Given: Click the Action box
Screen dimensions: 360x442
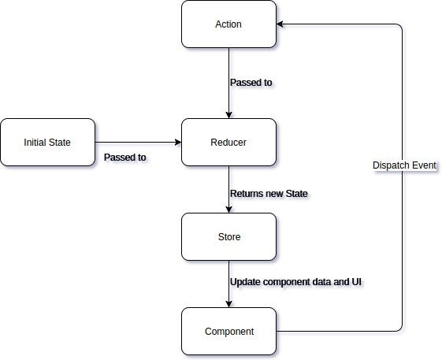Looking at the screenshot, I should [x=228, y=24].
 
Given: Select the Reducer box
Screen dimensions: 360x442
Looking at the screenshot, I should [x=228, y=143].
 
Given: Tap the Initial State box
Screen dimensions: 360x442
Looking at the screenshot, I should [x=47, y=143].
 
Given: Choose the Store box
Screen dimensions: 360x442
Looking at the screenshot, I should [x=228, y=236].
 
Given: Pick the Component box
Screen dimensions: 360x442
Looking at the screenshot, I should [x=228, y=331].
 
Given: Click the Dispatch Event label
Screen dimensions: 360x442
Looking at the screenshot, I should [x=404, y=166].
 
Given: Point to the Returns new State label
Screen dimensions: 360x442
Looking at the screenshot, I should [x=269, y=193].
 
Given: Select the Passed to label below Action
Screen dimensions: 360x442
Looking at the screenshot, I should [x=251, y=82].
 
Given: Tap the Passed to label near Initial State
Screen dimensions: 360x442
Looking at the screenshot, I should [x=124, y=157].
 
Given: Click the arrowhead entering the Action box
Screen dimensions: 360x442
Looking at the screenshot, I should [x=281, y=24].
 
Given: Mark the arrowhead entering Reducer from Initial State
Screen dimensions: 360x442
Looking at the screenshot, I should [x=177, y=143].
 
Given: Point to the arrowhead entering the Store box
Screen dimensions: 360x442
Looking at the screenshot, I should [x=228, y=209].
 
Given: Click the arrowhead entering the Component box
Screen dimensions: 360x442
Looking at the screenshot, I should [x=228, y=303].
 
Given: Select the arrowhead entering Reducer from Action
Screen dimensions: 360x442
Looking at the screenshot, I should [x=228, y=114].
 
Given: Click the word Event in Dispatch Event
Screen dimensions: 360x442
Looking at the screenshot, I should [x=423, y=166].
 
